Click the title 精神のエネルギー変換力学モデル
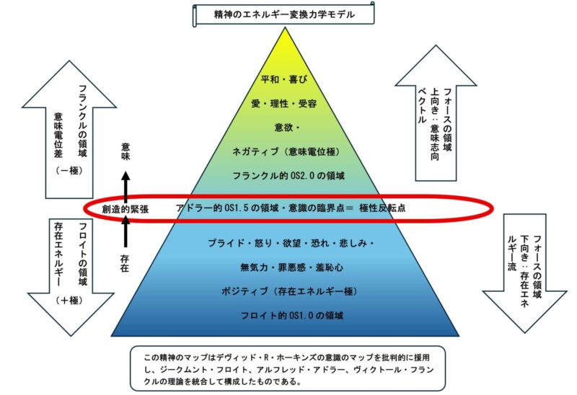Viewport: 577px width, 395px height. [x=285, y=14]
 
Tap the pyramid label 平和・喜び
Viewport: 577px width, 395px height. [x=288, y=80]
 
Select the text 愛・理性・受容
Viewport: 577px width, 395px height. [x=288, y=104]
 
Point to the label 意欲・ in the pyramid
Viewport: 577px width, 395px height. [x=288, y=128]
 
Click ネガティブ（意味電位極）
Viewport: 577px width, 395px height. [x=288, y=151]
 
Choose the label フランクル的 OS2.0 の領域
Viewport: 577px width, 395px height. [x=288, y=175]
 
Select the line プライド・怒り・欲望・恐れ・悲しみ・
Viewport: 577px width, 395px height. [x=288, y=244]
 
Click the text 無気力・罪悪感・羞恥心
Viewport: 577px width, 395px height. [x=288, y=267]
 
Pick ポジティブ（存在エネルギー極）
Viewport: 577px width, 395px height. [x=288, y=291]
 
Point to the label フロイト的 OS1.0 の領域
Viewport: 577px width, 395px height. [x=288, y=315]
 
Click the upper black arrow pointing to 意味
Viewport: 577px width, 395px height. [x=126, y=184]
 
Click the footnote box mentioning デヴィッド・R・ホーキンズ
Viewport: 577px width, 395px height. [x=288, y=368]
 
